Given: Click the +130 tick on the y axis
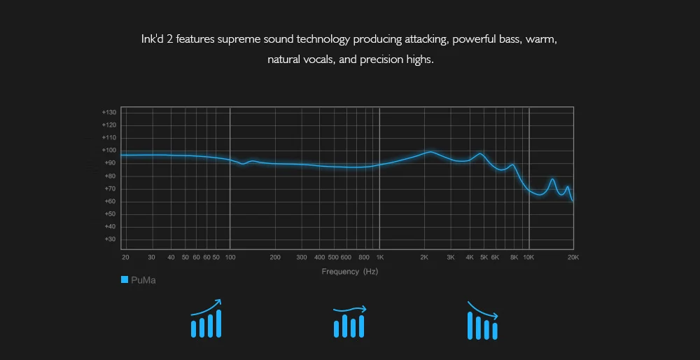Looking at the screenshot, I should (x=108, y=112).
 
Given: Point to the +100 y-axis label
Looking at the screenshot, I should (x=108, y=150).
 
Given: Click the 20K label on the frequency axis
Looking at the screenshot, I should (x=573, y=258).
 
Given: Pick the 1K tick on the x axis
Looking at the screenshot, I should (x=379, y=258).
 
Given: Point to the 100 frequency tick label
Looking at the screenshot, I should (x=230, y=258).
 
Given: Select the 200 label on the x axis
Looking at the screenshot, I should (x=275, y=258).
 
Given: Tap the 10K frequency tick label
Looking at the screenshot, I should (x=529, y=258).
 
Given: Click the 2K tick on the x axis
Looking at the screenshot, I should (x=424, y=258).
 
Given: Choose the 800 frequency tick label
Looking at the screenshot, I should (x=363, y=258).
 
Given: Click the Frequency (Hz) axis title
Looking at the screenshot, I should (x=349, y=272).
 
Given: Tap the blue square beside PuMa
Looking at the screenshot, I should (x=125, y=280).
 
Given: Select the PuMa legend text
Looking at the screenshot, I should (x=143, y=280).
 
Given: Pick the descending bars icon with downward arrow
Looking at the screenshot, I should (x=482, y=321).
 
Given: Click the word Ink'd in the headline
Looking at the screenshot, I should (x=153, y=39).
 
